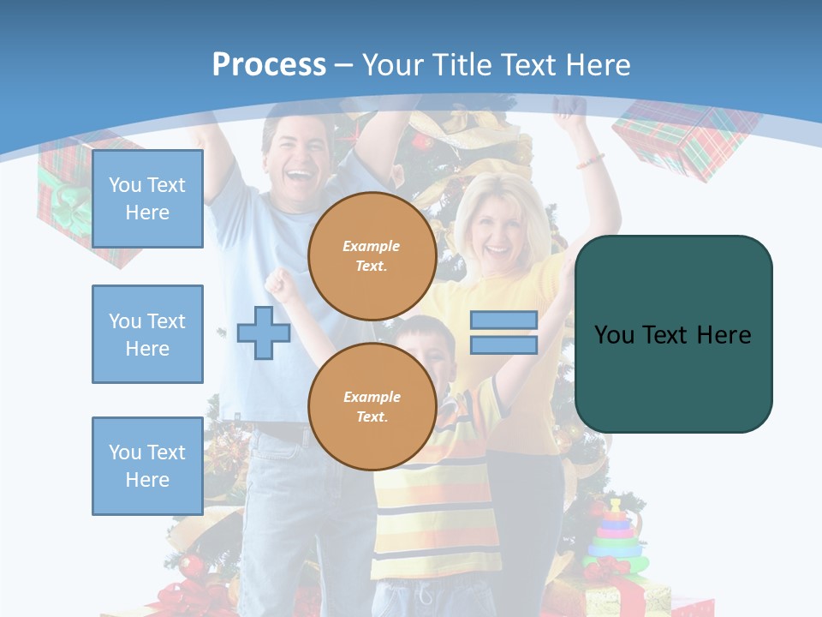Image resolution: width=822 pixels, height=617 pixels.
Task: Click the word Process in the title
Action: pyautogui.click(x=269, y=64)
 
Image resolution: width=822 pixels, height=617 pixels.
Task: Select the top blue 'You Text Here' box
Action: pyautogui.click(x=147, y=199)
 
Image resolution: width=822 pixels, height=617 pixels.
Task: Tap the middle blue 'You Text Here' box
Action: pyautogui.click(x=147, y=334)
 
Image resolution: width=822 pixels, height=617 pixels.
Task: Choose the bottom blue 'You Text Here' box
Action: pyautogui.click(x=147, y=466)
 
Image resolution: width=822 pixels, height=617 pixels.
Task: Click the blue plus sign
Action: pyautogui.click(x=264, y=332)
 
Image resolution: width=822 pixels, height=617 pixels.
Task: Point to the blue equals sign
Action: pyautogui.click(x=503, y=332)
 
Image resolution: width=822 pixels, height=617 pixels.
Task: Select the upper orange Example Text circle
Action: pyautogui.click(x=372, y=256)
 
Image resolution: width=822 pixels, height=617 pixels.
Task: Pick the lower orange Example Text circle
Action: pyautogui.click(x=372, y=407)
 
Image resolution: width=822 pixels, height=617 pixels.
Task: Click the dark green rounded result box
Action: pyautogui.click(x=673, y=334)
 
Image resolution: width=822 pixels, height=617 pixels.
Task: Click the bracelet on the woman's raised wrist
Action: pyautogui.click(x=589, y=160)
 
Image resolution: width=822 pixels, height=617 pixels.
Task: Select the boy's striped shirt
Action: pyautogui.click(x=437, y=506)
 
